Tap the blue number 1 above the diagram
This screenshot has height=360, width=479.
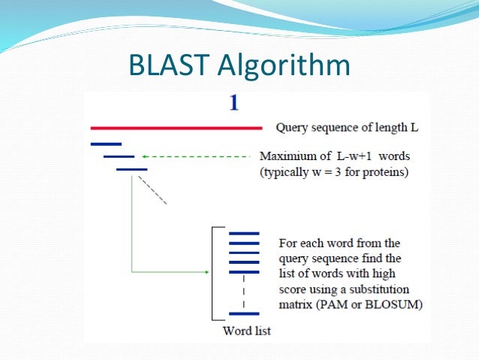(234, 104)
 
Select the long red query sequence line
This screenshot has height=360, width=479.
(176, 128)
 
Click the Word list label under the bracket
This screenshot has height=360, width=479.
(246, 331)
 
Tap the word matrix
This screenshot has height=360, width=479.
(295, 304)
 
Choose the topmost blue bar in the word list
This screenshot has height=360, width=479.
(243, 234)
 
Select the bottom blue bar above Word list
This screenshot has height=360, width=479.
(243, 313)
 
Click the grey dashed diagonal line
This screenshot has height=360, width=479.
(156, 192)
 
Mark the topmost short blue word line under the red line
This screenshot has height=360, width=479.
(105, 143)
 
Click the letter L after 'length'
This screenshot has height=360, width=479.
(414, 128)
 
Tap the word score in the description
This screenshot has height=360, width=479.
(294, 290)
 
